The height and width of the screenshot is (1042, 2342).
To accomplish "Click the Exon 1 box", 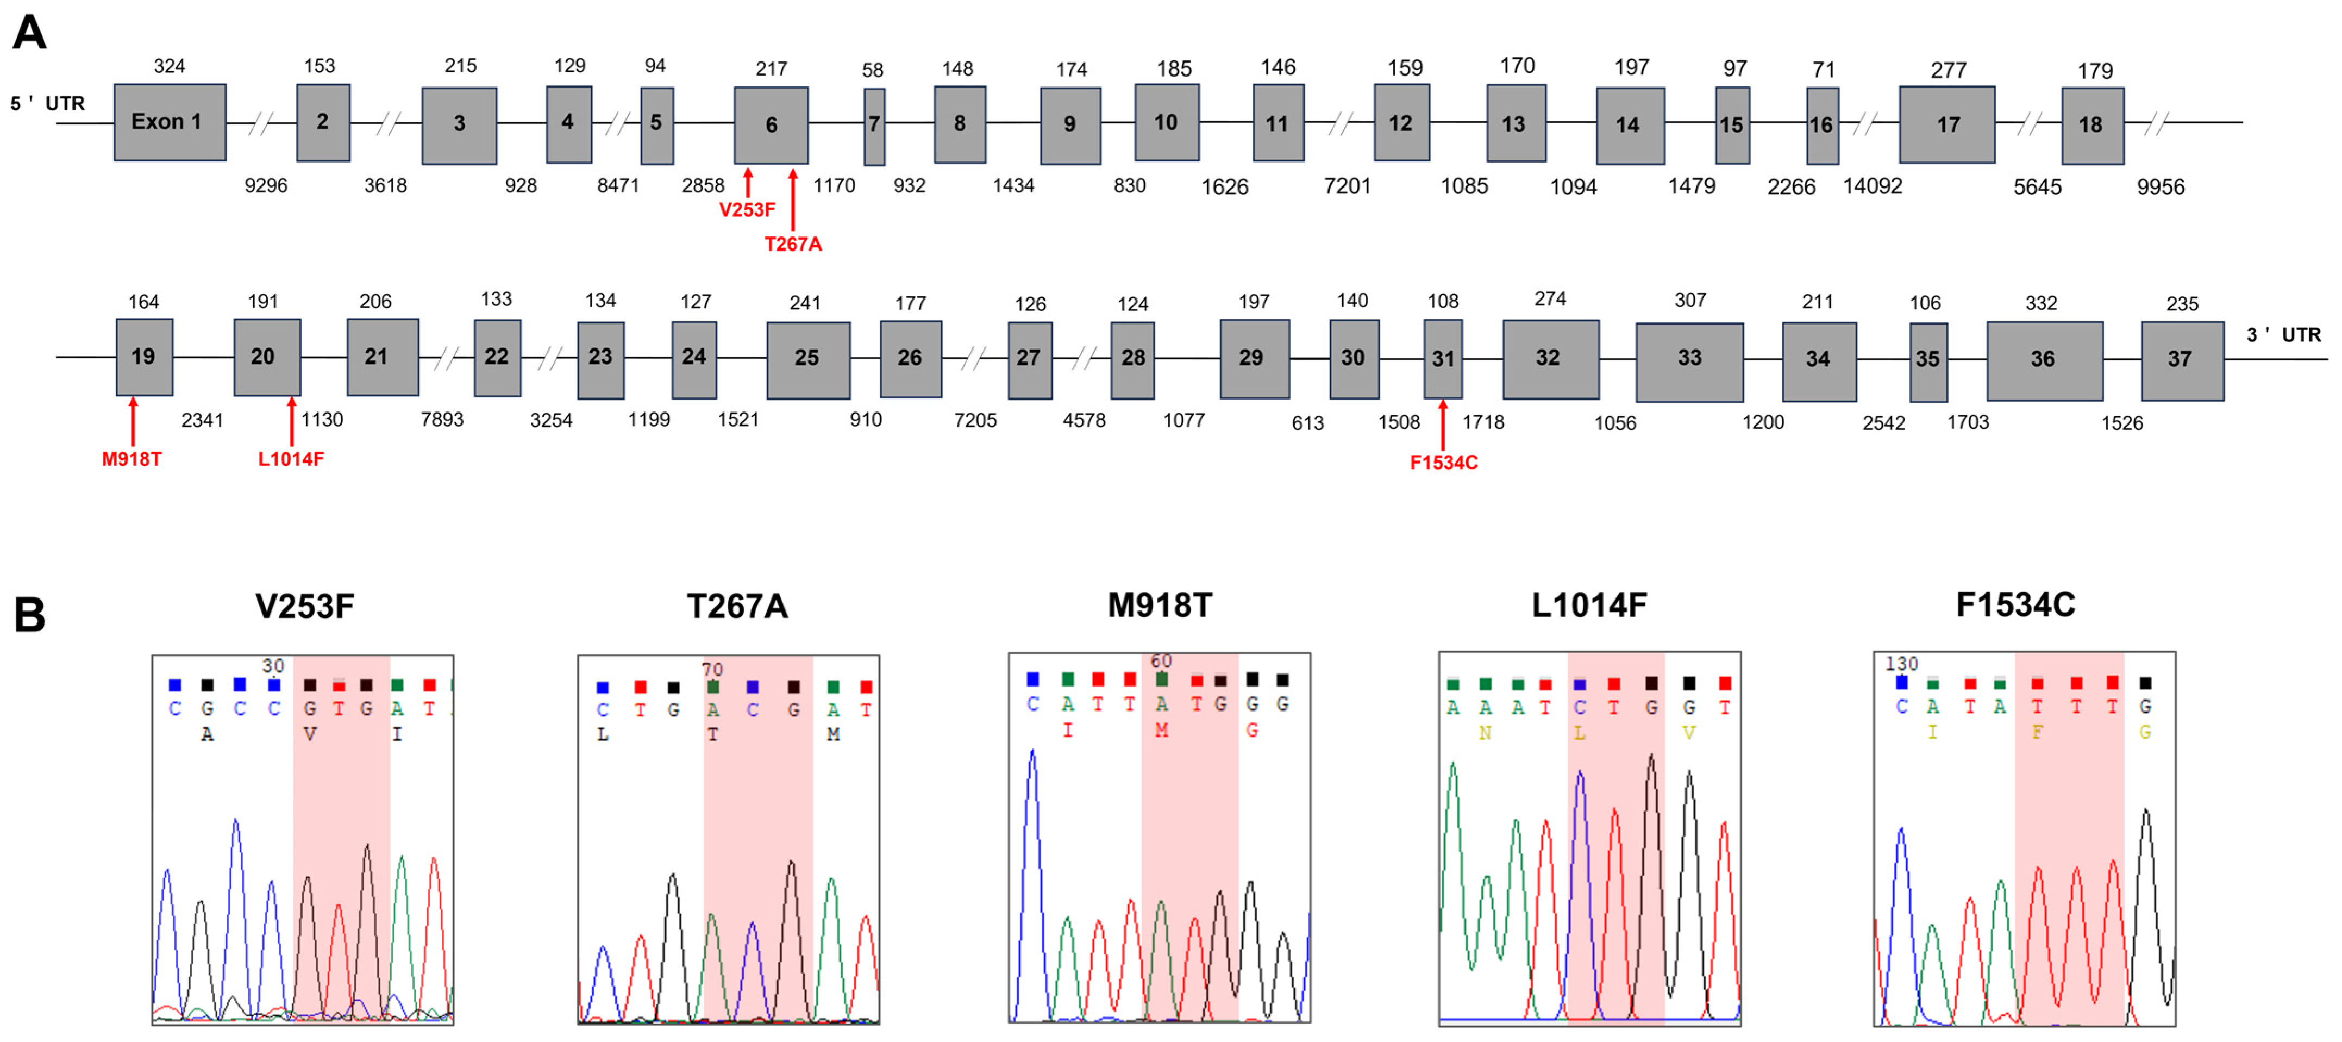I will pos(169,122).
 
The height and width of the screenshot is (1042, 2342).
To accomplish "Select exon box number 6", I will pos(771,124).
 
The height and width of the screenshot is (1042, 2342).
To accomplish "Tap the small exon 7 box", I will pos(874,126).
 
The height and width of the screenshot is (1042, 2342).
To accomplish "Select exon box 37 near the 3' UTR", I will pos(2181,360).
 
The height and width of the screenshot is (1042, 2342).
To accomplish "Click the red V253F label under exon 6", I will pos(747,210).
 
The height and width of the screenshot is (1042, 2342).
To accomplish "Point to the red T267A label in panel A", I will pos(793,244).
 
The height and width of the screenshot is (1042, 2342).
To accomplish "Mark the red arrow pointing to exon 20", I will pos(291,420).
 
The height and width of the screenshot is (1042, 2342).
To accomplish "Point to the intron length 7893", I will pos(442,420).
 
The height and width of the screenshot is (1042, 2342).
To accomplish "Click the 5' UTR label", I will pos(47,104).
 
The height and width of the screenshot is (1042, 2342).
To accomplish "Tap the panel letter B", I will pos(30,615).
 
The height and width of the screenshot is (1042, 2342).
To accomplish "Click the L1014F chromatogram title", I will pos(1588,604).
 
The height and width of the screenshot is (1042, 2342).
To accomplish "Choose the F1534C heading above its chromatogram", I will pos(2015,604).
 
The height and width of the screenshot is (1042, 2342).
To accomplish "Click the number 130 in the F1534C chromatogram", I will pos(1901,664).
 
